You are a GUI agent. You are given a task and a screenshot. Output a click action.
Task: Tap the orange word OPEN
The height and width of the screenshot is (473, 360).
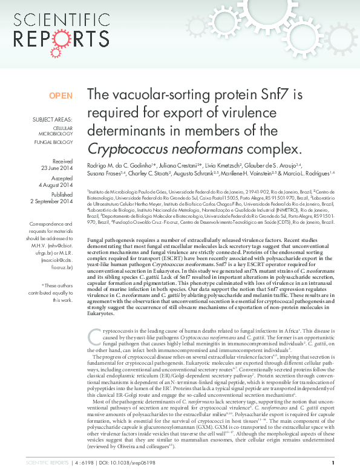61,96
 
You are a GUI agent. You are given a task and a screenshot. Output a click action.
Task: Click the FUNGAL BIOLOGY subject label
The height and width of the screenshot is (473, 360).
55,142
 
